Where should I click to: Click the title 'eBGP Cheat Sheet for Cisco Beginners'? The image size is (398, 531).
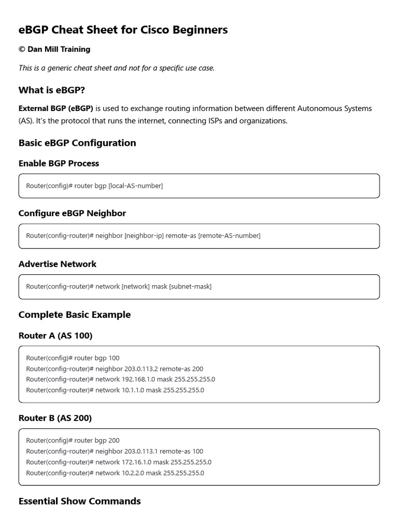(123, 30)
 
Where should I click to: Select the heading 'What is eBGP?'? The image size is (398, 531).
(52, 90)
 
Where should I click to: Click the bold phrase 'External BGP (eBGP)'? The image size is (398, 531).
(56, 108)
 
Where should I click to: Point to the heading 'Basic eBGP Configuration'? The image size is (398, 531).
(77, 143)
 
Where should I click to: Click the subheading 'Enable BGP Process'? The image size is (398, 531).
(59, 163)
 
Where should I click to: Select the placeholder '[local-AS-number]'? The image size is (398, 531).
(135, 186)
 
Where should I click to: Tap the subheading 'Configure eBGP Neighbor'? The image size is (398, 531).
(72, 213)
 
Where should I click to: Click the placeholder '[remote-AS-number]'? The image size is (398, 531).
(229, 235)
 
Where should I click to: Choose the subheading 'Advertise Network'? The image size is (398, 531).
(58, 264)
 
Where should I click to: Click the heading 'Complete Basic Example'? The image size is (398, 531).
(75, 315)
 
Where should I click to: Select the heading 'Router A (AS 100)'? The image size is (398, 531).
(55, 336)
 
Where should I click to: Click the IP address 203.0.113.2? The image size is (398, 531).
(141, 369)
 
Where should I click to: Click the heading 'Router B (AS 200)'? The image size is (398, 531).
(55, 418)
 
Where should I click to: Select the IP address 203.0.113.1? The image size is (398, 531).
(141, 451)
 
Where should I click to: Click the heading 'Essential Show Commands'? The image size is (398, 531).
(79, 501)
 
